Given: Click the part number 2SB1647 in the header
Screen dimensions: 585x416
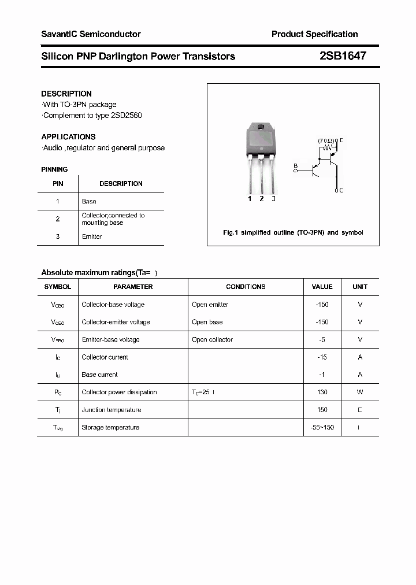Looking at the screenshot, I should [343, 56].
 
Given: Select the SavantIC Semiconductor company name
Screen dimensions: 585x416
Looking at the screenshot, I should [91, 34].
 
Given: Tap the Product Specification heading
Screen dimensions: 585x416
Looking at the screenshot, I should [314, 34].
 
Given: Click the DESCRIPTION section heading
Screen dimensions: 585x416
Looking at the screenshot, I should [66, 94].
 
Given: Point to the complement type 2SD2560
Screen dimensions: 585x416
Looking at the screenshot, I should [125, 115].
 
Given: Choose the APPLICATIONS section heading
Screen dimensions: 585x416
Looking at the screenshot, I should [68, 137].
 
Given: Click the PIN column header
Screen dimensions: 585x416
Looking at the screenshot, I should [58, 184].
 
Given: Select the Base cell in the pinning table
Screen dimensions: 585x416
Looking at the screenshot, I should [89, 201].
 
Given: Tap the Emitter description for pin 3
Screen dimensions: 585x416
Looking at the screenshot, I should [92, 236].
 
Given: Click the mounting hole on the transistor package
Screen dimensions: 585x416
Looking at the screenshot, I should [261, 128].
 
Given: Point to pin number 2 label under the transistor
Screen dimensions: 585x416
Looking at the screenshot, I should [262, 199].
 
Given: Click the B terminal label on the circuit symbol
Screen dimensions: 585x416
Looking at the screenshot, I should [295, 166].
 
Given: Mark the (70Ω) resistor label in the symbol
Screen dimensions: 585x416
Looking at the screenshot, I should [326, 140].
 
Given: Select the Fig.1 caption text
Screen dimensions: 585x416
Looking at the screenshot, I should [293, 232].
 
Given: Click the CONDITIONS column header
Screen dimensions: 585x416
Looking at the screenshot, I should [246, 287].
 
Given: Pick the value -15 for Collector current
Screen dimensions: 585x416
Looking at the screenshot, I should [322, 357].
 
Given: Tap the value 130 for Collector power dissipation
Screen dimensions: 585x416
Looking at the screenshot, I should [322, 392].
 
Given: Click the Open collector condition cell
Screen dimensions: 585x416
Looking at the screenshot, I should [212, 339].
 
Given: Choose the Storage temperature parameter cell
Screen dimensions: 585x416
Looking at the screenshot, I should [110, 427].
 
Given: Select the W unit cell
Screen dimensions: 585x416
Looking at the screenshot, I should [360, 392].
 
